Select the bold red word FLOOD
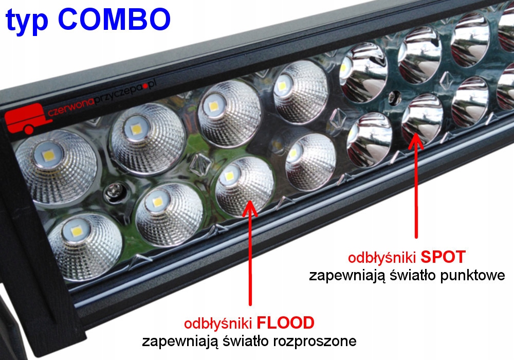coord(285,323)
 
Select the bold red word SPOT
coord(444,256)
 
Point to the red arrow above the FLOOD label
coord(250,257)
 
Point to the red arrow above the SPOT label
coord(415,185)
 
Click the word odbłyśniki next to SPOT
coord(382,257)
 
